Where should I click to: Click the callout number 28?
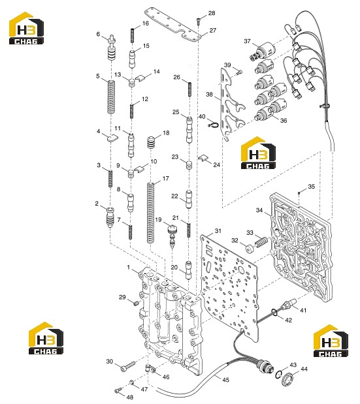[212, 13]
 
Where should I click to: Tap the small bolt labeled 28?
[198, 21]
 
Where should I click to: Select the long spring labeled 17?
[150, 213]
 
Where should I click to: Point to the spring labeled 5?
[111, 97]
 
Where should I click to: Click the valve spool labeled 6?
[112, 48]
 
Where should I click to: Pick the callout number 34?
[259, 210]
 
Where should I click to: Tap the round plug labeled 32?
[250, 249]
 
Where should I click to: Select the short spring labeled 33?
[261, 243]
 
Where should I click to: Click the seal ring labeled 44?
[287, 379]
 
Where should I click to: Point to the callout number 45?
[225, 380]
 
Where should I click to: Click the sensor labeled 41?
[290, 304]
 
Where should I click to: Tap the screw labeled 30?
[128, 366]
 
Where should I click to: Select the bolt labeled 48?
[118, 390]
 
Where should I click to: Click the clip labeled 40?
[213, 124]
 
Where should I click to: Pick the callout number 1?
[129, 267]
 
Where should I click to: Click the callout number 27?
[213, 31]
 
